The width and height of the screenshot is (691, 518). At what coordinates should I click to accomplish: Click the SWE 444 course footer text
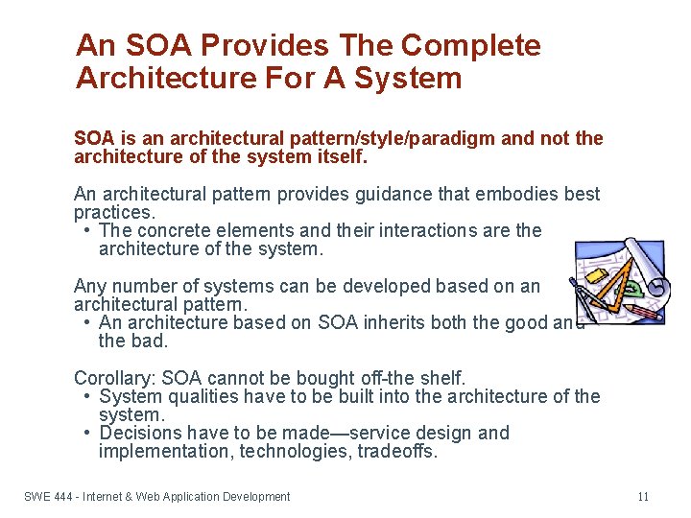pyautogui.click(x=157, y=496)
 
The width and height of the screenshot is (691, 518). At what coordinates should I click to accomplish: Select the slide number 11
pyautogui.click(x=643, y=496)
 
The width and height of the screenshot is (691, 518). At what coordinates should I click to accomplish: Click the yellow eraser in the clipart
pyautogui.click(x=596, y=276)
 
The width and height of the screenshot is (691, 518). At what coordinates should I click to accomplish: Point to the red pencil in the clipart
pyautogui.click(x=645, y=313)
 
